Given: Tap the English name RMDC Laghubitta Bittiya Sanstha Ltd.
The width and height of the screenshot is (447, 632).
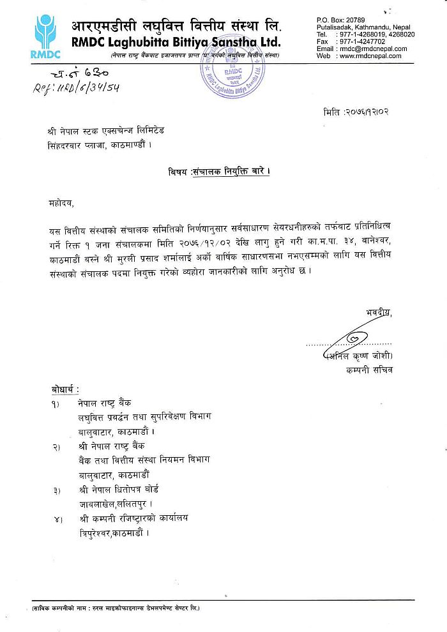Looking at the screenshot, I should (176, 43).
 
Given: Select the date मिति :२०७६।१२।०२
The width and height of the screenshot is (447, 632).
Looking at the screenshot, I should (357, 112).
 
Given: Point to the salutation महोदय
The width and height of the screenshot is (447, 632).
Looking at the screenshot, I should (61, 204).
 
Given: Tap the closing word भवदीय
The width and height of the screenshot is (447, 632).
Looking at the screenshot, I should (380, 313).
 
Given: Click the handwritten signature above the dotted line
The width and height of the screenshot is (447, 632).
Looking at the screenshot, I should (354, 338).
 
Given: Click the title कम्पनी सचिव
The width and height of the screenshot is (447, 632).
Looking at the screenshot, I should (371, 369).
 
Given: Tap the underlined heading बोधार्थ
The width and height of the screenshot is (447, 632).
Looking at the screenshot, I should (65, 389).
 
